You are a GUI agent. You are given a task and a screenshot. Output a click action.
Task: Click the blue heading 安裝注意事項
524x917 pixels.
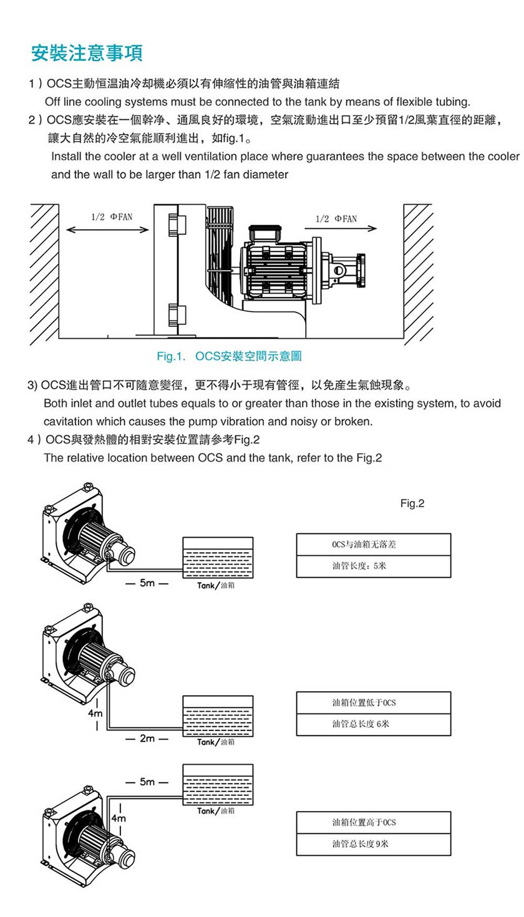click(x=87, y=52)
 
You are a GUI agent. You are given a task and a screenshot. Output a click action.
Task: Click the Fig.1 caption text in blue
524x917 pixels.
click(x=229, y=356)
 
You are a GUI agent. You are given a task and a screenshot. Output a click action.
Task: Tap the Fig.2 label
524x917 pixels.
click(x=412, y=503)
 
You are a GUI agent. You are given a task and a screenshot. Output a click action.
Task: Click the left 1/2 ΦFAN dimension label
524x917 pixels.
click(x=112, y=217)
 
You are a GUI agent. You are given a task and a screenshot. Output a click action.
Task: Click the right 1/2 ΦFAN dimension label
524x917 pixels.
click(x=336, y=218)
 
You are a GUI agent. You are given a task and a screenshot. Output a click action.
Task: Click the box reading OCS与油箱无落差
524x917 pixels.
click(x=373, y=545)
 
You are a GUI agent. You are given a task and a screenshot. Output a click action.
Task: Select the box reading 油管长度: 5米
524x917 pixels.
click(x=373, y=566)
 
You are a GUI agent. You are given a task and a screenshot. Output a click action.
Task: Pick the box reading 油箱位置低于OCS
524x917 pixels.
click(x=373, y=702)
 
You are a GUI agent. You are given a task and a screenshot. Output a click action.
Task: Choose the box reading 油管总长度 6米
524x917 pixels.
click(x=373, y=724)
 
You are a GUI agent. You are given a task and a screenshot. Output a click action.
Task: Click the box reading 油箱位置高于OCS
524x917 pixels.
click(x=373, y=822)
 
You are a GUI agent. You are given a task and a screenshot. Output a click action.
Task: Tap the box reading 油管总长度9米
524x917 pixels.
click(x=373, y=844)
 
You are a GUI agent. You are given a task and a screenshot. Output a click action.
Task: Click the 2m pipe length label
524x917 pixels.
click(x=147, y=739)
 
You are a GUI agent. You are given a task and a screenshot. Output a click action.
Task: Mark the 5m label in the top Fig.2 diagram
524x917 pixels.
click(x=147, y=583)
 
